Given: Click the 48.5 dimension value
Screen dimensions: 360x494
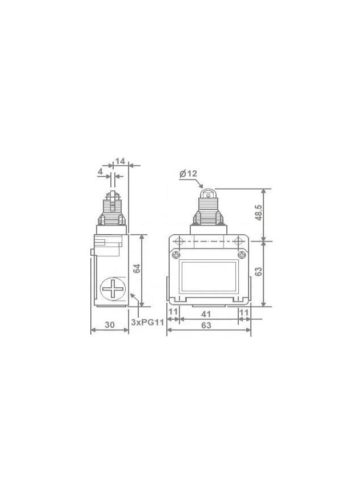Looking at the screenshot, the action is click(x=258, y=212).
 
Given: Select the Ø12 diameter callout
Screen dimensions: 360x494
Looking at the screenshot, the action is click(x=188, y=174).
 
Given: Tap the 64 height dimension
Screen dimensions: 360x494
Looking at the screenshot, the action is click(x=137, y=268).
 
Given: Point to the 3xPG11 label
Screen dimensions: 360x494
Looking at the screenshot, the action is click(x=148, y=322).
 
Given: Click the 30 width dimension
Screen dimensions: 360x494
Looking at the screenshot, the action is click(x=110, y=324).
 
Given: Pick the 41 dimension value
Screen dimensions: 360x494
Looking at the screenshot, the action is click(x=206, y=314).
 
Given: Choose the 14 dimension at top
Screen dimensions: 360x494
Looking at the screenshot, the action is click(x=120, y=161).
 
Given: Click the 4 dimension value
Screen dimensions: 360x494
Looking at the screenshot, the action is click(x=101, y=172).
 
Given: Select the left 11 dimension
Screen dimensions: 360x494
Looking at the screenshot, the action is click(x=173, y=312).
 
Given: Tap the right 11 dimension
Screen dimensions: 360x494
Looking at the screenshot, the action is click(x=244, y=312).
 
